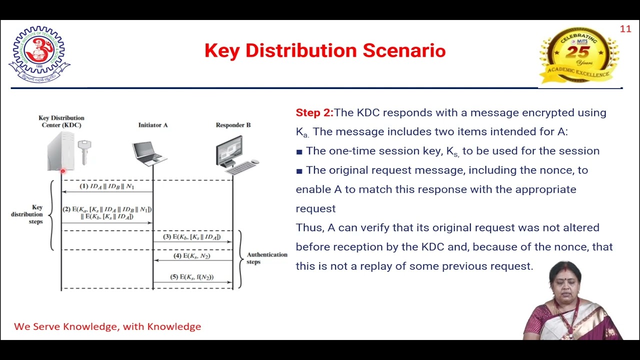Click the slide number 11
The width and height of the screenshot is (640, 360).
(625, 29)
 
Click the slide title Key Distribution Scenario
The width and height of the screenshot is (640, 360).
(325, 50)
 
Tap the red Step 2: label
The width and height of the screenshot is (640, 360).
(314, 112)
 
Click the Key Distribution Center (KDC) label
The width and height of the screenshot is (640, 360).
(61, 121)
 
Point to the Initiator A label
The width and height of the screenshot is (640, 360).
(153, 125)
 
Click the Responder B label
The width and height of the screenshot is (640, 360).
(233, 125)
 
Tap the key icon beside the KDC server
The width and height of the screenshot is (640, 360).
(84, 151)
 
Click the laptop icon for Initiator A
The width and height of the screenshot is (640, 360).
(149, 153)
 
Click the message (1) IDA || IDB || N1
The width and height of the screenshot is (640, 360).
(107, 186)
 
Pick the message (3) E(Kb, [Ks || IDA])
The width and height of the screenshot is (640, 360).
(191, 236)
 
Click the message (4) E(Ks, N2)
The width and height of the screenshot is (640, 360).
(191, 256)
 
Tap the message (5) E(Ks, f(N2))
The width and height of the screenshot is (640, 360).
(191, 276)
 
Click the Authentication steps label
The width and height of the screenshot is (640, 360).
(267, 258)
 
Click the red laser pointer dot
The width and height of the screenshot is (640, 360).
(62, 171)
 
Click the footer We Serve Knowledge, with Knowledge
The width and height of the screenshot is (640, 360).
(107, 326)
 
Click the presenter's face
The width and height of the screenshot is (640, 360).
(565, 278)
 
